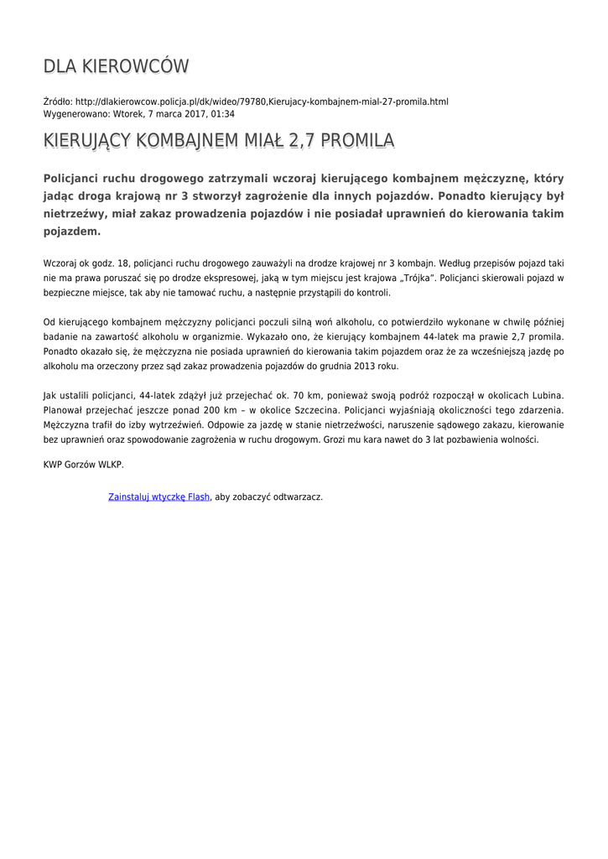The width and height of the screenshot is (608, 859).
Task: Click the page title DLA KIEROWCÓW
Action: click(x=116, y=66)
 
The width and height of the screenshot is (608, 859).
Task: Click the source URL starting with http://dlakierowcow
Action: click(x=262, y=102)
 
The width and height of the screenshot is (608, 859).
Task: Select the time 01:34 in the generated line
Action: click(x=222, y=113)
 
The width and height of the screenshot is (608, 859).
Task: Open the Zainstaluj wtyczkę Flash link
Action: click(x=159, y=497)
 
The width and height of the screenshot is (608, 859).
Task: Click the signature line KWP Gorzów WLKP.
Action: click(x=84, y=464)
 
